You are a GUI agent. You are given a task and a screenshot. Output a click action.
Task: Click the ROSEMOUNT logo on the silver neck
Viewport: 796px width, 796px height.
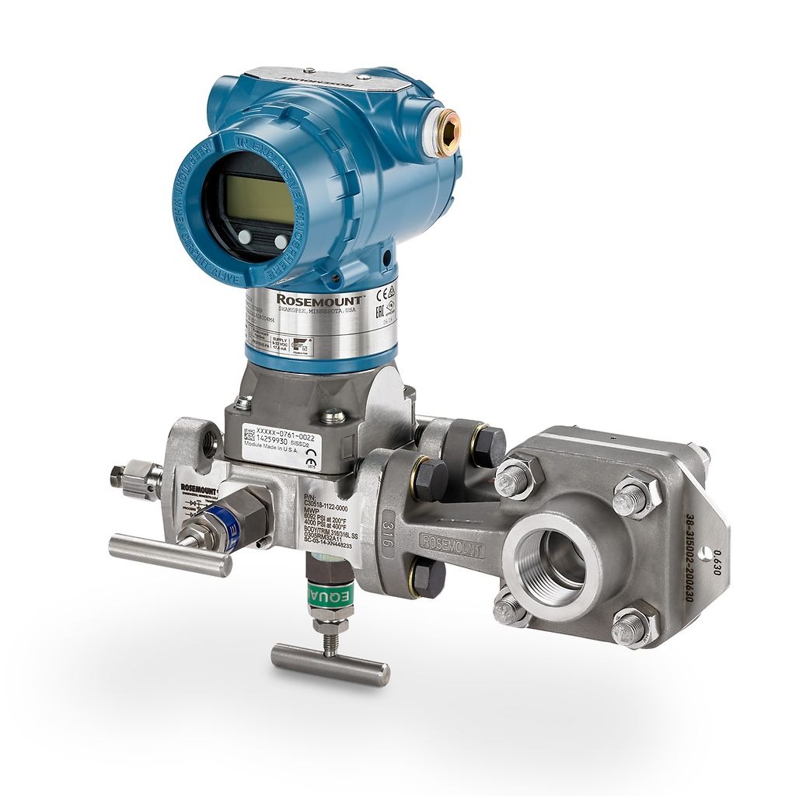point(319,300)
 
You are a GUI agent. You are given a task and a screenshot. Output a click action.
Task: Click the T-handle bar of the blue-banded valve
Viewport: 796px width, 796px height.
point(169,555)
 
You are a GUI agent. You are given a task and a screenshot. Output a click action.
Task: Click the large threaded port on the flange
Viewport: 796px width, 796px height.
point(553,559)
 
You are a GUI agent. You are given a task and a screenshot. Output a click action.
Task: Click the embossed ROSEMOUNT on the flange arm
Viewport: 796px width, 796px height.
point(451,543)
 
